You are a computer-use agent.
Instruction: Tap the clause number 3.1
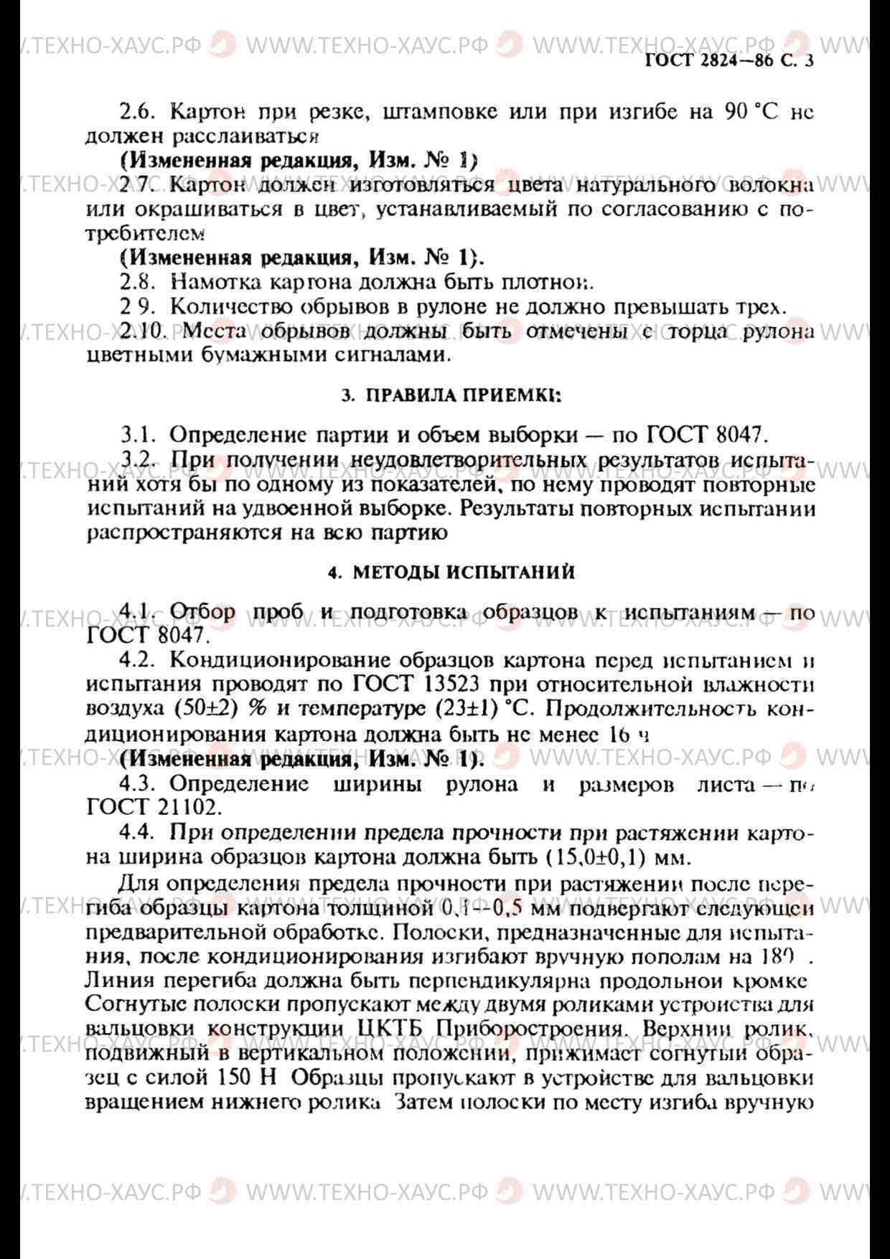tap(139, 435)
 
